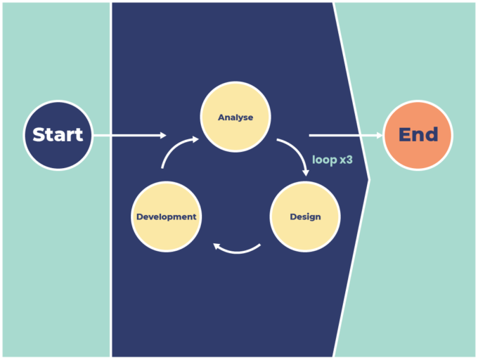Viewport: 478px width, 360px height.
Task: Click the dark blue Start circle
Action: (x=58, y=135)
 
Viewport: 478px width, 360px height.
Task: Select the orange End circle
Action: (x=418, y=135)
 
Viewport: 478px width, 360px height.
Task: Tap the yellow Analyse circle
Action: (x=235, y=117)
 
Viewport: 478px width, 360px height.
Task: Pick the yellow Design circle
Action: (x=305, y=217)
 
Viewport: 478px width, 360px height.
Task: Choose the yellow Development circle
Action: (x=167, y=217)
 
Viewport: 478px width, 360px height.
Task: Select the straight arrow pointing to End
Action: (x=344, y=135)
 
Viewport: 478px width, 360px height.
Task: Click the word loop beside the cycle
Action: (x=324, y=160)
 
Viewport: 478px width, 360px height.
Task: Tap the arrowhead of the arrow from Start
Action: (x=163, y=135)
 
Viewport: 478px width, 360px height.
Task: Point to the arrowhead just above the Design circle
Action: (x=305, y=171)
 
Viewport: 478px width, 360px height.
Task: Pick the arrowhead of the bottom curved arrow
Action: (x=218, y=246)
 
